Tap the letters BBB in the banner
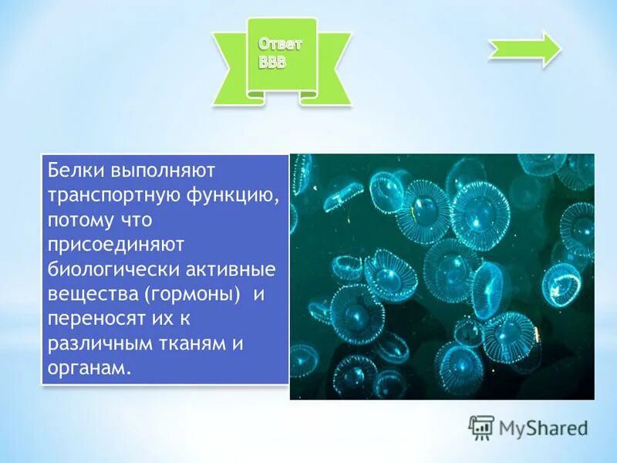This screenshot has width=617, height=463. click(x=272, y=63)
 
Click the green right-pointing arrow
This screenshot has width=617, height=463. click(x=525, y=50)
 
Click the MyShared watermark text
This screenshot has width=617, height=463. click(x=543, y=427)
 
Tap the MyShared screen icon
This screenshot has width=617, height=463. click(x=482, y=427)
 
